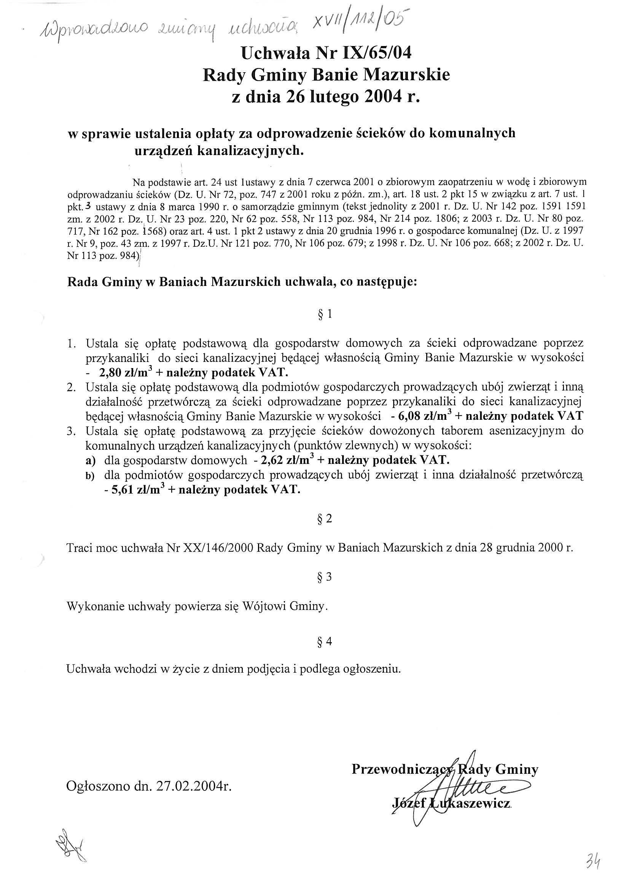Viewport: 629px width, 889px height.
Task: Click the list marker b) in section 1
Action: coord(90,476)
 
